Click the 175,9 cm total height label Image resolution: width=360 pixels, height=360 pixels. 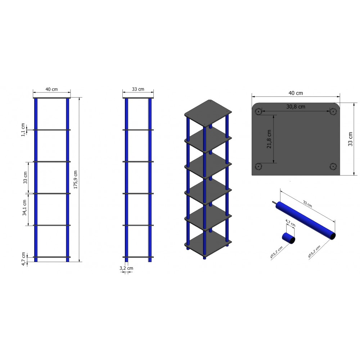pos(76,180)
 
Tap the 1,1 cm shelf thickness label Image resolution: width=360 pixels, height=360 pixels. pos(23,130)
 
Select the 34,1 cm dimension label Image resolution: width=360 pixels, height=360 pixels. pos(24,208)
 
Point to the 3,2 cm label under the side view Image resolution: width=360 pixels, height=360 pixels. pos(126,268)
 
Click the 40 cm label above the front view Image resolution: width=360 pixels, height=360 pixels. pos(51,89)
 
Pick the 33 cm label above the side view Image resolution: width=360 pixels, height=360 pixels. pos(138,89)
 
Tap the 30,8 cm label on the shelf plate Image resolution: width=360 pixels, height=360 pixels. pos(296,107)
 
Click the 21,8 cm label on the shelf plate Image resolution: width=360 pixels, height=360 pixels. pos(269,139)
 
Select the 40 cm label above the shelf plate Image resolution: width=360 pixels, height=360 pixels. pos(296,93)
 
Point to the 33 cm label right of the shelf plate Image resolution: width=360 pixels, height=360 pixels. pos(350,139)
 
